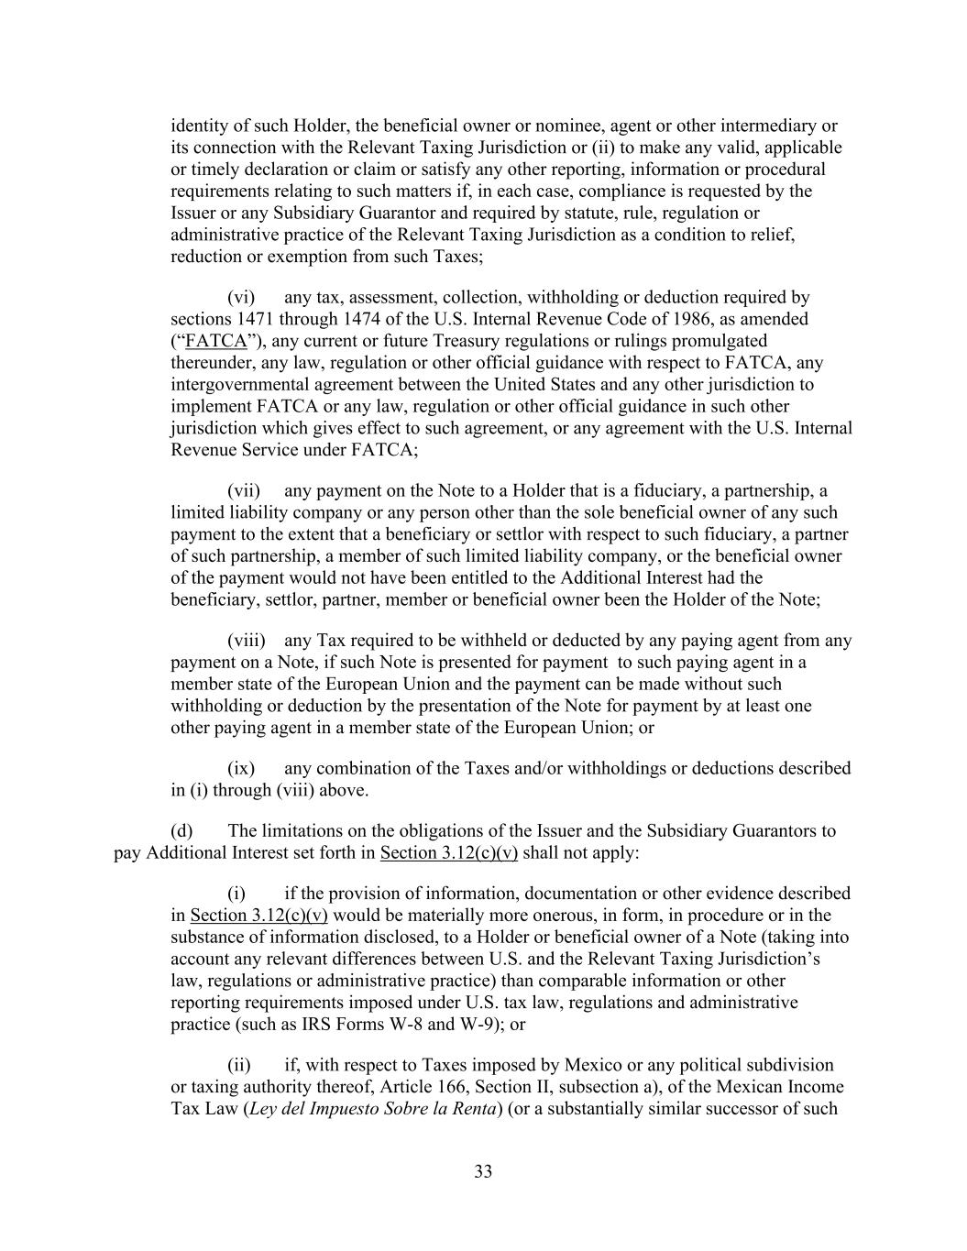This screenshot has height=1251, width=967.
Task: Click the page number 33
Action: (483, 1171)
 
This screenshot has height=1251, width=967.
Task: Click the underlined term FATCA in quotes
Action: (216, 341)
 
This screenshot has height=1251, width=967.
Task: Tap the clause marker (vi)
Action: (241, 297)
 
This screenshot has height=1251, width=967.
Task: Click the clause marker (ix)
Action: (241, 768)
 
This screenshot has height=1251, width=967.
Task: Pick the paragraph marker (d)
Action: (181, 831)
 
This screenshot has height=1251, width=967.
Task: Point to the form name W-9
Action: (489, 1024)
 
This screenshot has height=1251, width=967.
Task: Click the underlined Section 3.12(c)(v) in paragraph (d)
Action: (449, 853)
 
